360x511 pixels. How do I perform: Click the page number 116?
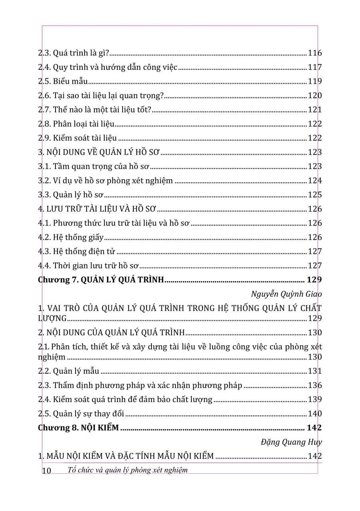(315, 53)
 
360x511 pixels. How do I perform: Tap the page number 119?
(315, 81)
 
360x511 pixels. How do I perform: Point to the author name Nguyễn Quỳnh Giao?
(286, 294)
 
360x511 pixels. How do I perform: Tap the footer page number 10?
(46, 471)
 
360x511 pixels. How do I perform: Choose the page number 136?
(315, 385)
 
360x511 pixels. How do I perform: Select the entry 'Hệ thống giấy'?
(78, 238)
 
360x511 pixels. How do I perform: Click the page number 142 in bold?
(314, 428)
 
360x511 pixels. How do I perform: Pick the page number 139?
(315, 399)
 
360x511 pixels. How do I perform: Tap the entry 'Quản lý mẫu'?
(76, 371)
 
